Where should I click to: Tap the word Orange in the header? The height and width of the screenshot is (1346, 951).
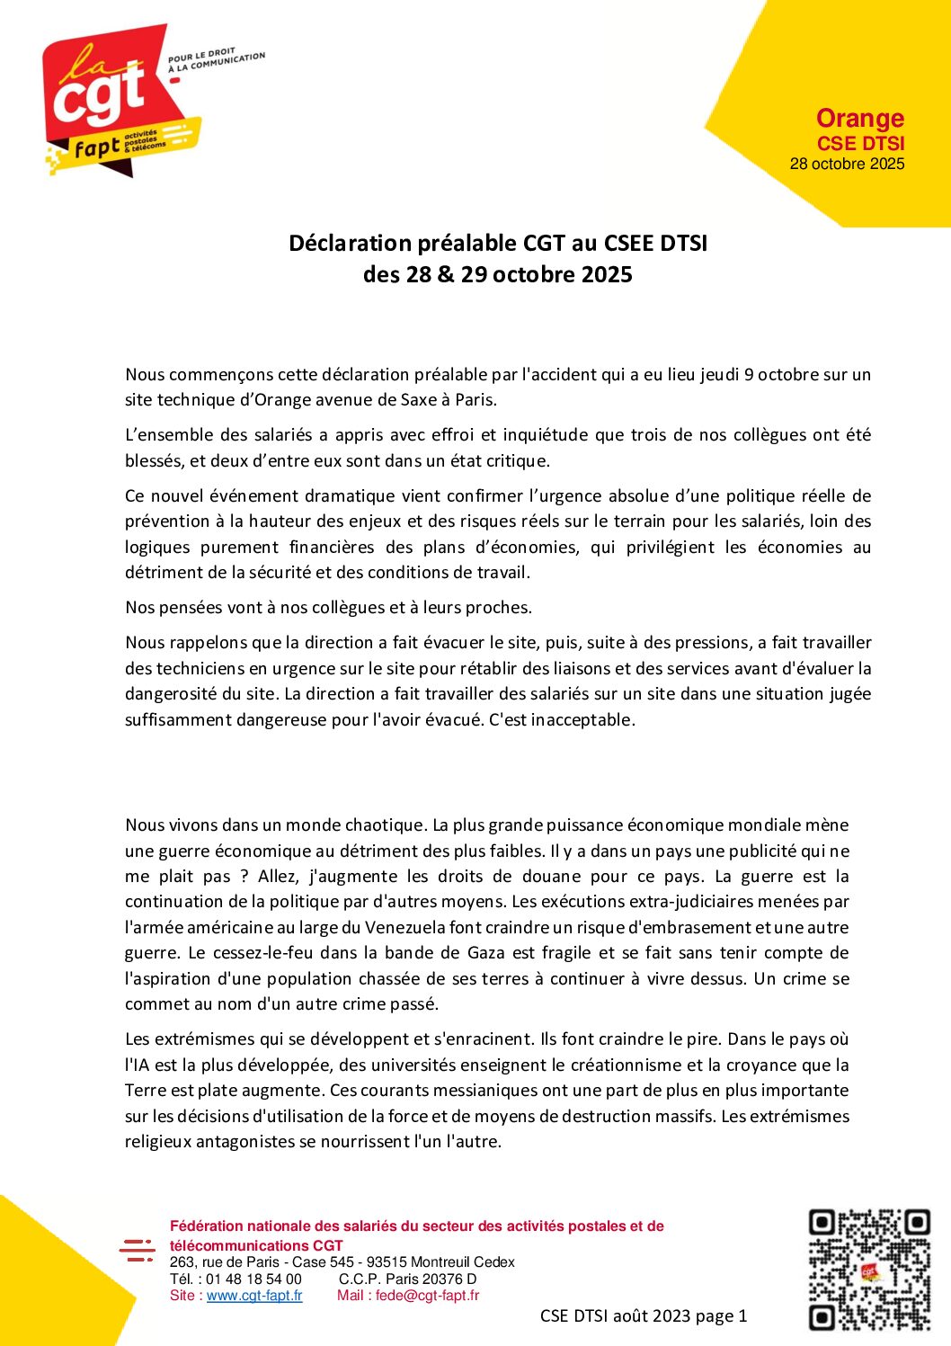tap(859, 119)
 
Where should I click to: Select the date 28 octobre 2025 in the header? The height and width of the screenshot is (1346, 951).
tap(847, 164)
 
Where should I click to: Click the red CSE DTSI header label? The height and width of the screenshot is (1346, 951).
tap(860, 143)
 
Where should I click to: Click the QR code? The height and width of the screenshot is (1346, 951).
tap(868, 1270)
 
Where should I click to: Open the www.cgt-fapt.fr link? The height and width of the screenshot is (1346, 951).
tap(254, 1296)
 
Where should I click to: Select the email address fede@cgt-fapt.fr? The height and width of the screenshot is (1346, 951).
tap(427, 1296)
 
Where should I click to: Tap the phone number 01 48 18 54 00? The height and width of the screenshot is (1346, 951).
tap(253, 1279)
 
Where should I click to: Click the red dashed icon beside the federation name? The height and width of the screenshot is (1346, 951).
tap(138, 1250)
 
